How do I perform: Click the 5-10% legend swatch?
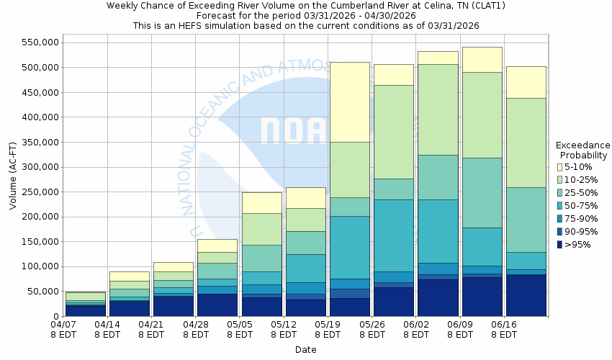(x=559, y=167)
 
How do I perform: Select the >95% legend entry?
(x=559, y=245)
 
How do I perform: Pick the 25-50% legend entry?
(x=559, y=193)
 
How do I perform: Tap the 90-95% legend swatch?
(x=559, y=232)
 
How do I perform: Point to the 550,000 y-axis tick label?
(x=37, y=42)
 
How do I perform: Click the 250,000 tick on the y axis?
(x=37, y=192)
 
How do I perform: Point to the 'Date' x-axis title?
(x=305, y=350)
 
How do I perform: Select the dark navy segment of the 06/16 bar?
(x=526, y=295)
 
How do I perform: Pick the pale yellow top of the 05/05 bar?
(x=261, y=202)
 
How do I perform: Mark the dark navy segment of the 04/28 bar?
(x=217, y=305)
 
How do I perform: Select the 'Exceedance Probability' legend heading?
(x=583, y=150)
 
